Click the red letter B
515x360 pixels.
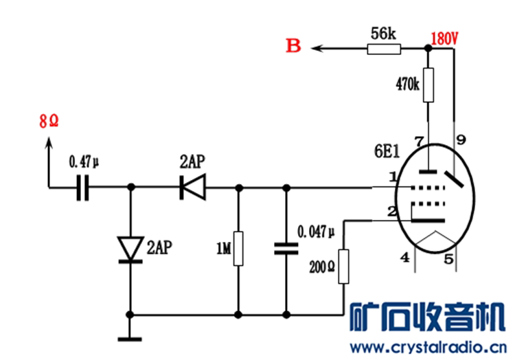293,45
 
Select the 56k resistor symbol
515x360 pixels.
384,49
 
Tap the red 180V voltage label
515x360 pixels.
444,38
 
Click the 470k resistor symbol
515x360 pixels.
428,85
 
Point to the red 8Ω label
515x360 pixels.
49,120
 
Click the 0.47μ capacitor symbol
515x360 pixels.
82,188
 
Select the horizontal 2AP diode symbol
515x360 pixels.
193,188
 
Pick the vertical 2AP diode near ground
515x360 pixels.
130,249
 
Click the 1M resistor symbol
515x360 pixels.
238,248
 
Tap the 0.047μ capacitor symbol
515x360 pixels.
286,249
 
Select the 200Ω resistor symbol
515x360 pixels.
343,267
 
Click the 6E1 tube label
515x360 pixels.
387,151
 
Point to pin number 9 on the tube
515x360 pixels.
461,140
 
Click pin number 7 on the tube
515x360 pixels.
419,142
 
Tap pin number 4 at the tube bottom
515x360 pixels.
405,258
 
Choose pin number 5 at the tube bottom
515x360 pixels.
448,259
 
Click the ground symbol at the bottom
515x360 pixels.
130,339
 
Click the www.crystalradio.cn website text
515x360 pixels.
428,347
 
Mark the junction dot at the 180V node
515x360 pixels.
428,48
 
